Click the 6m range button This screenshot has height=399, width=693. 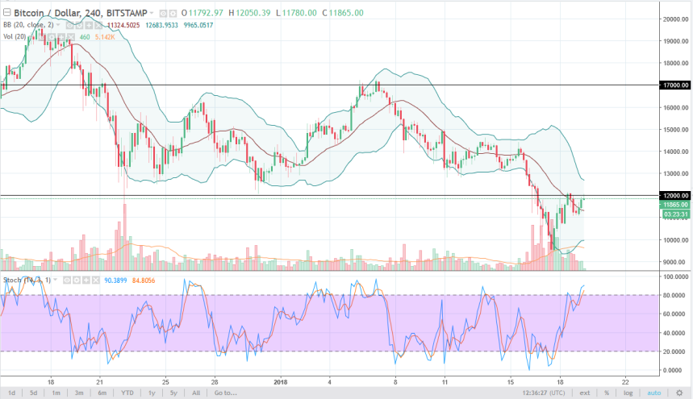pyautogui.click(x=102, y=393)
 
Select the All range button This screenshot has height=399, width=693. pyautogui.click(x=196, y=393)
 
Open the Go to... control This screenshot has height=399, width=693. pyautogui.click(x=226, y=393)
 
